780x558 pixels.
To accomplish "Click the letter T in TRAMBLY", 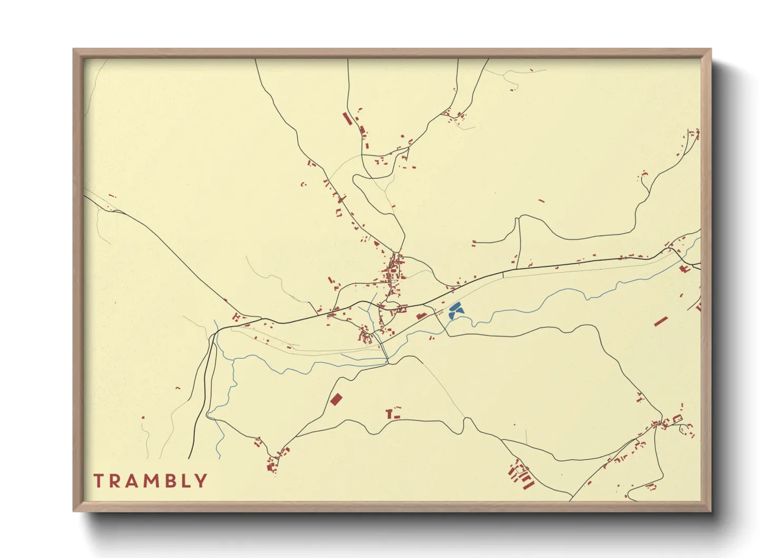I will [x=99, y=481].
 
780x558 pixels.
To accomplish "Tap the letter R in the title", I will [x=115, y=481].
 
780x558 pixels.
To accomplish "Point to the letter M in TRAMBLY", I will [x=151, y=481].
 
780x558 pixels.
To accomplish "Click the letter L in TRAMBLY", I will [x=185, y=481].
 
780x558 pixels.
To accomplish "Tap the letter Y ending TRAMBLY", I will [x=201, y=481].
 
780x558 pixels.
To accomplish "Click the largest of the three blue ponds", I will [x=455, y=306].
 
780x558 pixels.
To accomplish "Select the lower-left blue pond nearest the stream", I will [x=452, y=315].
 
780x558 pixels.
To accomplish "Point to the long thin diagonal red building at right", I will [x=661, y=321].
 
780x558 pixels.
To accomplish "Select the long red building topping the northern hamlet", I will [x=347, y=118].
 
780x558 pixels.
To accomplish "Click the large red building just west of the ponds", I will [x=421, y=316].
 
